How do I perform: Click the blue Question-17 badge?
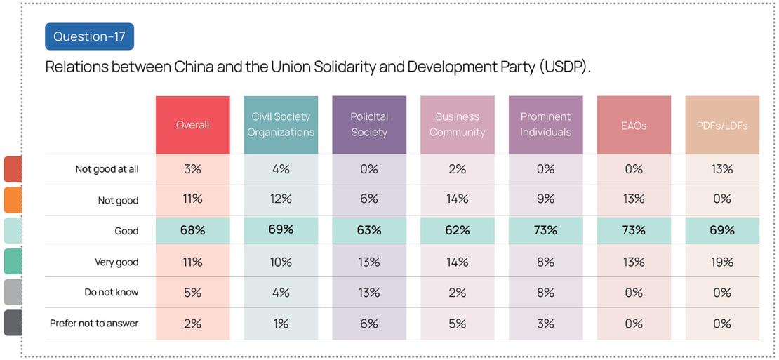[x=89, y=36]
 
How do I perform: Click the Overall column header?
[x=192, y=125]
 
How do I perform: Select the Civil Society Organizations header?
[x=281, y=125]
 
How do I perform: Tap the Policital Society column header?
[x=369, y=125]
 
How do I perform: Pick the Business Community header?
[x=457, y=125]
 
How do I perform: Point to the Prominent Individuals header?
[x=545, y=125]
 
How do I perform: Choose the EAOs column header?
[x=634, y=125]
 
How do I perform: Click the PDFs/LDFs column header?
[x=722, y=125]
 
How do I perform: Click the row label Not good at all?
[x=107, y=169]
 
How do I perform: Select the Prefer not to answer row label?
[x=94, y=324]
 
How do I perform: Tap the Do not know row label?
[x=112, y=293]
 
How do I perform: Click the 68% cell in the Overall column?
[x=192, y=230]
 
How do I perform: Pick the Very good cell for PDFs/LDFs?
[x=722, y=262]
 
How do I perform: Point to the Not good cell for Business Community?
[x=457, y=199]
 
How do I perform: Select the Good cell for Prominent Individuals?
[x=545, y=230]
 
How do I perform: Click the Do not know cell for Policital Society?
[x=369, y=293]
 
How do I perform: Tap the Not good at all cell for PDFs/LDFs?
[x=722, y=169]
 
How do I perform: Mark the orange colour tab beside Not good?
[x=12, y=200]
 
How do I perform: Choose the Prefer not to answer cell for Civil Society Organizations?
[x=281, y=324]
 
